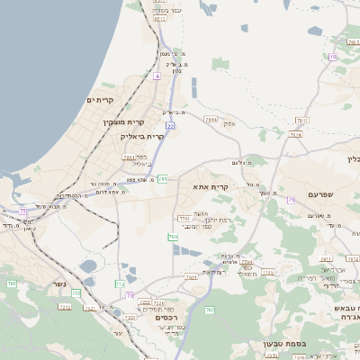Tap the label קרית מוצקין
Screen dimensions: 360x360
(124, 121)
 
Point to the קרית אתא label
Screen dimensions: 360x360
(211, 187)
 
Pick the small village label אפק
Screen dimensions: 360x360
(229, 123)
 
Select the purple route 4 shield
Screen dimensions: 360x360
(157, 76)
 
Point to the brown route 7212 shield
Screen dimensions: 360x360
(65, 306)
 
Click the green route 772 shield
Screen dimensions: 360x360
(120, 283)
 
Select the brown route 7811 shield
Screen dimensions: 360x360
(129, 157)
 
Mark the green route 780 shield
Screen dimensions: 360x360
(173, 237)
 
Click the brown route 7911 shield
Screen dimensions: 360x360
(211, 118)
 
